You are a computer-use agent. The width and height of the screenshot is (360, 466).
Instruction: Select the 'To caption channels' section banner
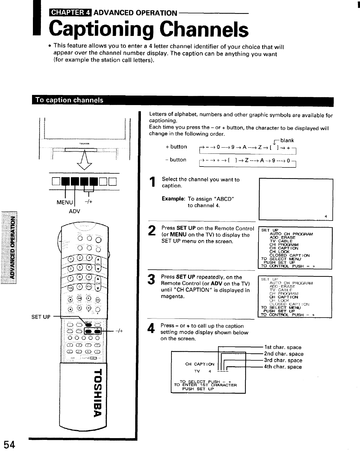(x=70, y=100)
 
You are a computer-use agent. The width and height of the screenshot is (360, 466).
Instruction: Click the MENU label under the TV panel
(x=65, y=202)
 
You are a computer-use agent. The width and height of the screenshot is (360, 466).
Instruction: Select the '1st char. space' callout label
(x=283, y=347)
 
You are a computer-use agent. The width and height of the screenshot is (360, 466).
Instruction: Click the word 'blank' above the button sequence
(x=287, y=140)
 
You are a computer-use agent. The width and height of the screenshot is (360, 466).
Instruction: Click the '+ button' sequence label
(x=176, y=147)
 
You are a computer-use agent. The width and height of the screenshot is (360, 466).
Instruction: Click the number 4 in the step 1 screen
(x=326, y=216)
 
